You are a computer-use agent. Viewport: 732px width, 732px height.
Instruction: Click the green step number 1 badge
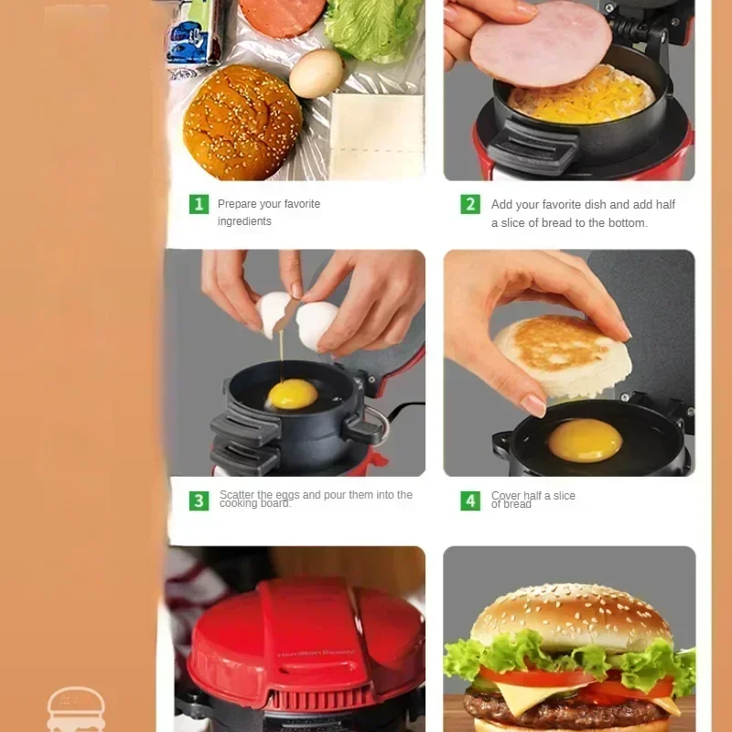[x=199, y=204]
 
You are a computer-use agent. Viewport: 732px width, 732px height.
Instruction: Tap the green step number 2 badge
[x=470, y=204]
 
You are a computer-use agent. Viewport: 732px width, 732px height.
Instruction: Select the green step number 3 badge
[x=199, y=501]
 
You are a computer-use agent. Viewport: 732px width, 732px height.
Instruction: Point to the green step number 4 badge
[x=470, y=501]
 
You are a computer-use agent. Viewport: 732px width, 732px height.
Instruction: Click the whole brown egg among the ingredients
[x=316, y=73]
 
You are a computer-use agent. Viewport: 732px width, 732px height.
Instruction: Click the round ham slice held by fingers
[x=539, y=43]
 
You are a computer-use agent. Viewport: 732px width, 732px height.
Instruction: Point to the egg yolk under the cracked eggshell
[x=292, y=393]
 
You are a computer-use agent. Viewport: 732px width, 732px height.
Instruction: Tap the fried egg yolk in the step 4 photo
[x=586, y=440]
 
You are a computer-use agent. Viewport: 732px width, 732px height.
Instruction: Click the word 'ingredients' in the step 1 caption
[x=244, y=221]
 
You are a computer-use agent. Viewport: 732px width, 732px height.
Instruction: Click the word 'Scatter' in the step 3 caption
[x=237, y=495]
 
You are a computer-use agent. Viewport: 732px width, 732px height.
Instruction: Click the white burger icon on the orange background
[x=76, y=710]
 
